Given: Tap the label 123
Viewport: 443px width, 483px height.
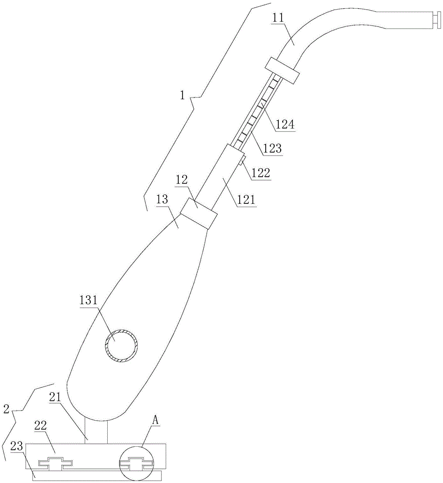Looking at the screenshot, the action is [272, 149].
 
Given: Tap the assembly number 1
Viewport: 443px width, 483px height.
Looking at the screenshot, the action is [182, 96].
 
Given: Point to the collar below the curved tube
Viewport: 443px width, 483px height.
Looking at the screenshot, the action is [282, 70].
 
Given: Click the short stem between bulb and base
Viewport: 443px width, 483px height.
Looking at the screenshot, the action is [95, 430].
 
